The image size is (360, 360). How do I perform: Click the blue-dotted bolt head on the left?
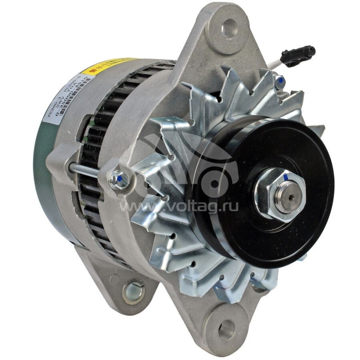tap(120, 179)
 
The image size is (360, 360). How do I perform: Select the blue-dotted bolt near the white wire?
tap(280, 81)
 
